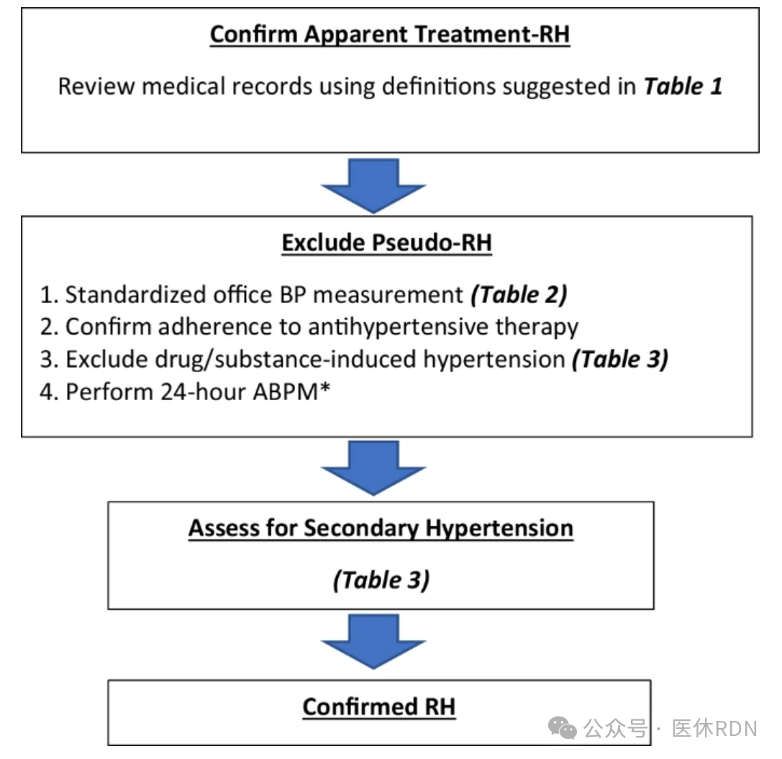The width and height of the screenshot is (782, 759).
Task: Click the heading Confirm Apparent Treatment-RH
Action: click(x=389, y=35)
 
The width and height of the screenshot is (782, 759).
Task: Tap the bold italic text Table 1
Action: click(x=683, y=86)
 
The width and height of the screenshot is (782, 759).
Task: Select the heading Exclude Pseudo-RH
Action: click(x=386, y=243)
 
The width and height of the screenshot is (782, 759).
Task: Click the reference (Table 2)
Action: click(x=519, y=295)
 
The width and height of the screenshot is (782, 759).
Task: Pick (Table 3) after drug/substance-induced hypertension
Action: click(x=620, y=360)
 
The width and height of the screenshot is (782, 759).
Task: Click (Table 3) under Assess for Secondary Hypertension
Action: click(x=381, y=580)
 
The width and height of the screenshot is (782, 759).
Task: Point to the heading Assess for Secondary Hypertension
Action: click(x=381, y=529)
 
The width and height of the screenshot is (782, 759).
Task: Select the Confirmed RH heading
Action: click(x=379, y=706)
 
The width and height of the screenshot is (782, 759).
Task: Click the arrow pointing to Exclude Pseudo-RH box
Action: click(x=373, y=186)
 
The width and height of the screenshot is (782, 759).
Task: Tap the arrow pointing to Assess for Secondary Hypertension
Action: click(x=373, y=468)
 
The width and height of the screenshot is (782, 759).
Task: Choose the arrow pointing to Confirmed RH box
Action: click(x=373, y=641)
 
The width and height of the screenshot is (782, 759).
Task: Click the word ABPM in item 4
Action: click(x=286, y=392)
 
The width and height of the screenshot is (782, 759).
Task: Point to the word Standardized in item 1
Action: click(x=136, y=295)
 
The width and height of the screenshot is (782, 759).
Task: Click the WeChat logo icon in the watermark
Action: click(x=562, y=728)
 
